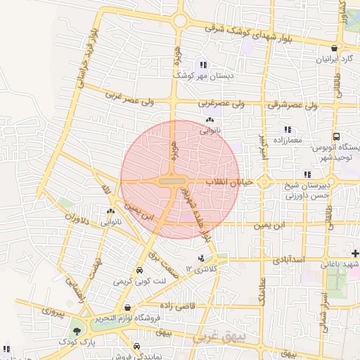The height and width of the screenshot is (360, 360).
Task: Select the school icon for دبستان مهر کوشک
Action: click(x=203, y=65)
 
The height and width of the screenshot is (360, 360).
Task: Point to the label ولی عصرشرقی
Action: click(x=293, y=105)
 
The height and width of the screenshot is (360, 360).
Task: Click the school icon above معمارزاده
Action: click(x=287, y=130)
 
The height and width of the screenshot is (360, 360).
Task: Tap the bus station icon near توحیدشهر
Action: click(x=337, y=136)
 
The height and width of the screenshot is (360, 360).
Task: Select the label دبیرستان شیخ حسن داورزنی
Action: click(x=330, y=191)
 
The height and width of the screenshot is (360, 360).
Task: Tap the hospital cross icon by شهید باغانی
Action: click(x=356, y=253)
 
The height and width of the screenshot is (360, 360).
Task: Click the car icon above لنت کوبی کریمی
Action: click(x=139, y=271)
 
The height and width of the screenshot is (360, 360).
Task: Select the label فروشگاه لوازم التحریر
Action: click(x=150, y=320)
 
